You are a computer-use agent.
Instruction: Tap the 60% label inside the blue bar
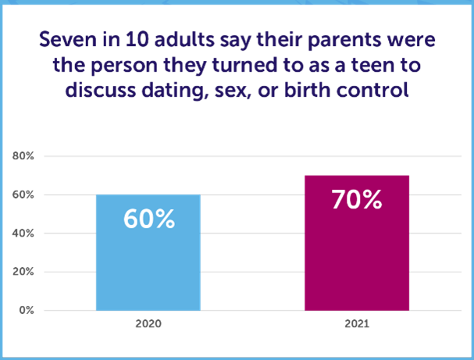pyautogui.click(x=148, y=219)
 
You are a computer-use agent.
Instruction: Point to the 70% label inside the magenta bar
pyautogui.click(x=356, y=200)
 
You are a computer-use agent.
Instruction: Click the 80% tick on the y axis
pyautogui.click(x=23, y=156)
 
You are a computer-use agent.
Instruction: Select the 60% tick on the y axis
pyautogui.click(x=23, y=194)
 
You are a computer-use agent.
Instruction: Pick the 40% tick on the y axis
pyautogui.click(x=23, y=233)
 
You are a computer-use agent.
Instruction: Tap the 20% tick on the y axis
pyautogui.click(x=23, y=272)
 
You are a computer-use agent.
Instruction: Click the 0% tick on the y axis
pyautogui.click(x=25, y=310)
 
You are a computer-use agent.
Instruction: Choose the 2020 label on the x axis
pyautogui.click(x=148, y=323)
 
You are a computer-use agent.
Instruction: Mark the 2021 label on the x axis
pyautogui.click(x=356, y=323)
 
